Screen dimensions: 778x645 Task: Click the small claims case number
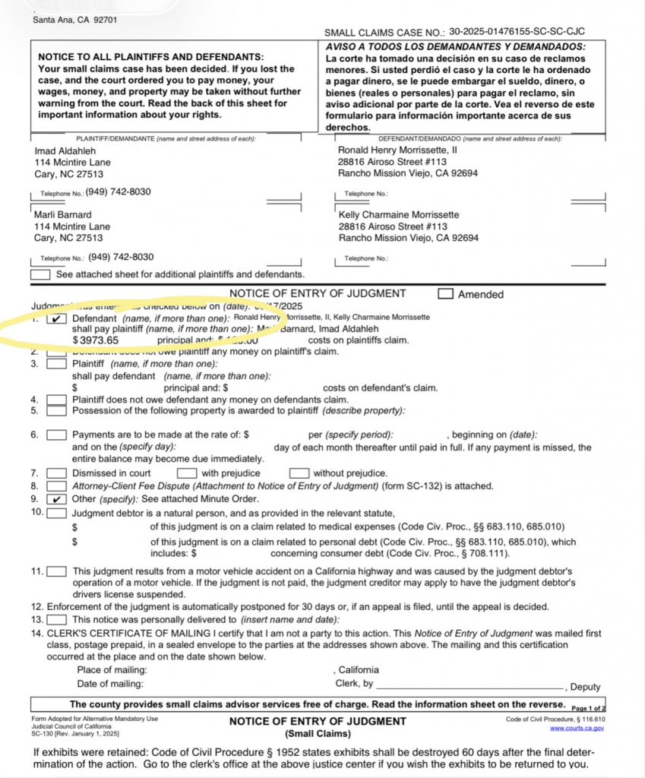[x=517, y=33]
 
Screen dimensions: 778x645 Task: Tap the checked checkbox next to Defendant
[x=57, y=318]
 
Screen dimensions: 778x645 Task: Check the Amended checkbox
[x=446, y=294]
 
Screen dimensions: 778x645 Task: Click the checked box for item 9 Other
[x=57, y=499]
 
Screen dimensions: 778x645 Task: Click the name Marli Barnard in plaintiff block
[x=63, y=214]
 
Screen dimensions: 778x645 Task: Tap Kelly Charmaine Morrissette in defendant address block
[x=398, y=214]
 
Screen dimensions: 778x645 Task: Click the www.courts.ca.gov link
[x=577, y=728]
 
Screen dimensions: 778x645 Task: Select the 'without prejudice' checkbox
[x=300, y=473]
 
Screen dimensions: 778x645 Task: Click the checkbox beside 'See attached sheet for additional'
[x=40, y=274]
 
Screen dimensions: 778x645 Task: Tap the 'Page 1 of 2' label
[x=587, y=706]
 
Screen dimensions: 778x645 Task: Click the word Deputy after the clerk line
[x=585, y=687]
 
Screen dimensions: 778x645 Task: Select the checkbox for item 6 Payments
[x=57, y=435]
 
